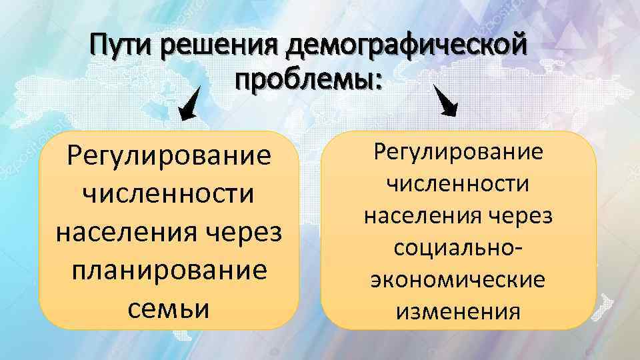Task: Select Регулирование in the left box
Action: [x=169, y=157]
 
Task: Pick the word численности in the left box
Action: [x=169, y=195]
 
